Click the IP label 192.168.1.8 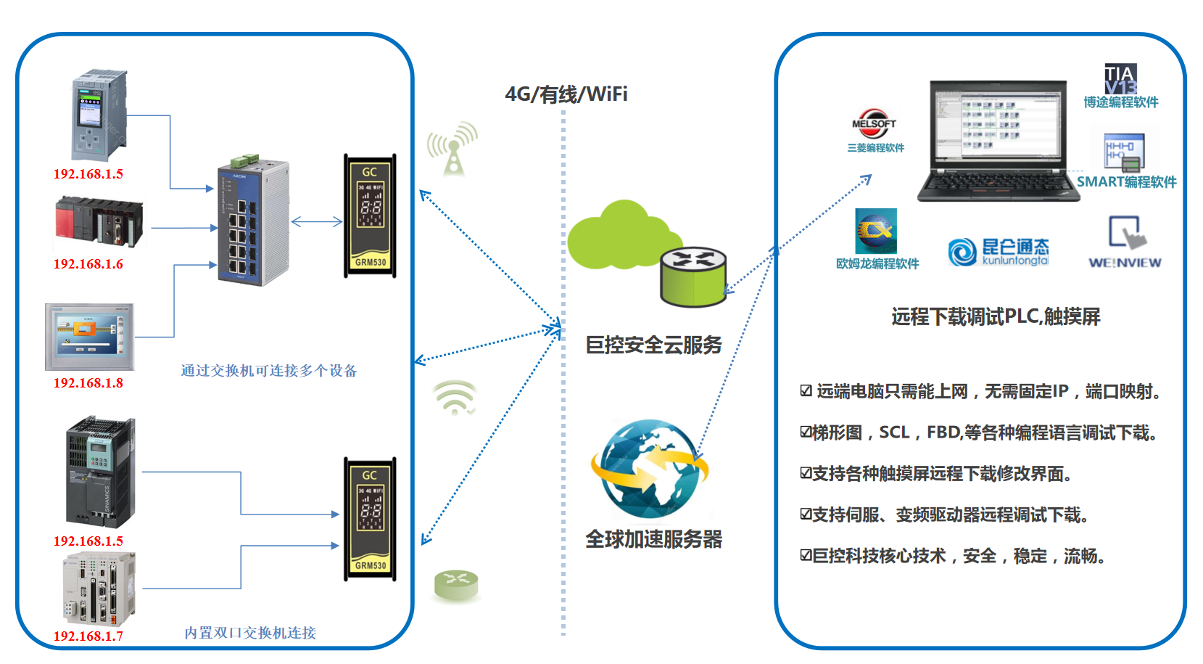click(88, 382)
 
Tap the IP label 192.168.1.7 click(88, 636)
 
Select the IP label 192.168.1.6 click(88, 263)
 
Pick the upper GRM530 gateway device click(370, 216)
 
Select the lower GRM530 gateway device click(370, 519)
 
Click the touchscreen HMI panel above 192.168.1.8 click(89, 337)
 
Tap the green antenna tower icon click(453, 149)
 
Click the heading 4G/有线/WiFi click(566, 94)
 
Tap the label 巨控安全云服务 click(653, 345)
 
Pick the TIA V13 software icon click(1120, 78)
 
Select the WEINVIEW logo click(1124, 243)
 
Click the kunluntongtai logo click(999, 251)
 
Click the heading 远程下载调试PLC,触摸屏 click(996, 316)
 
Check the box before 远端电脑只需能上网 click(806, 391)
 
